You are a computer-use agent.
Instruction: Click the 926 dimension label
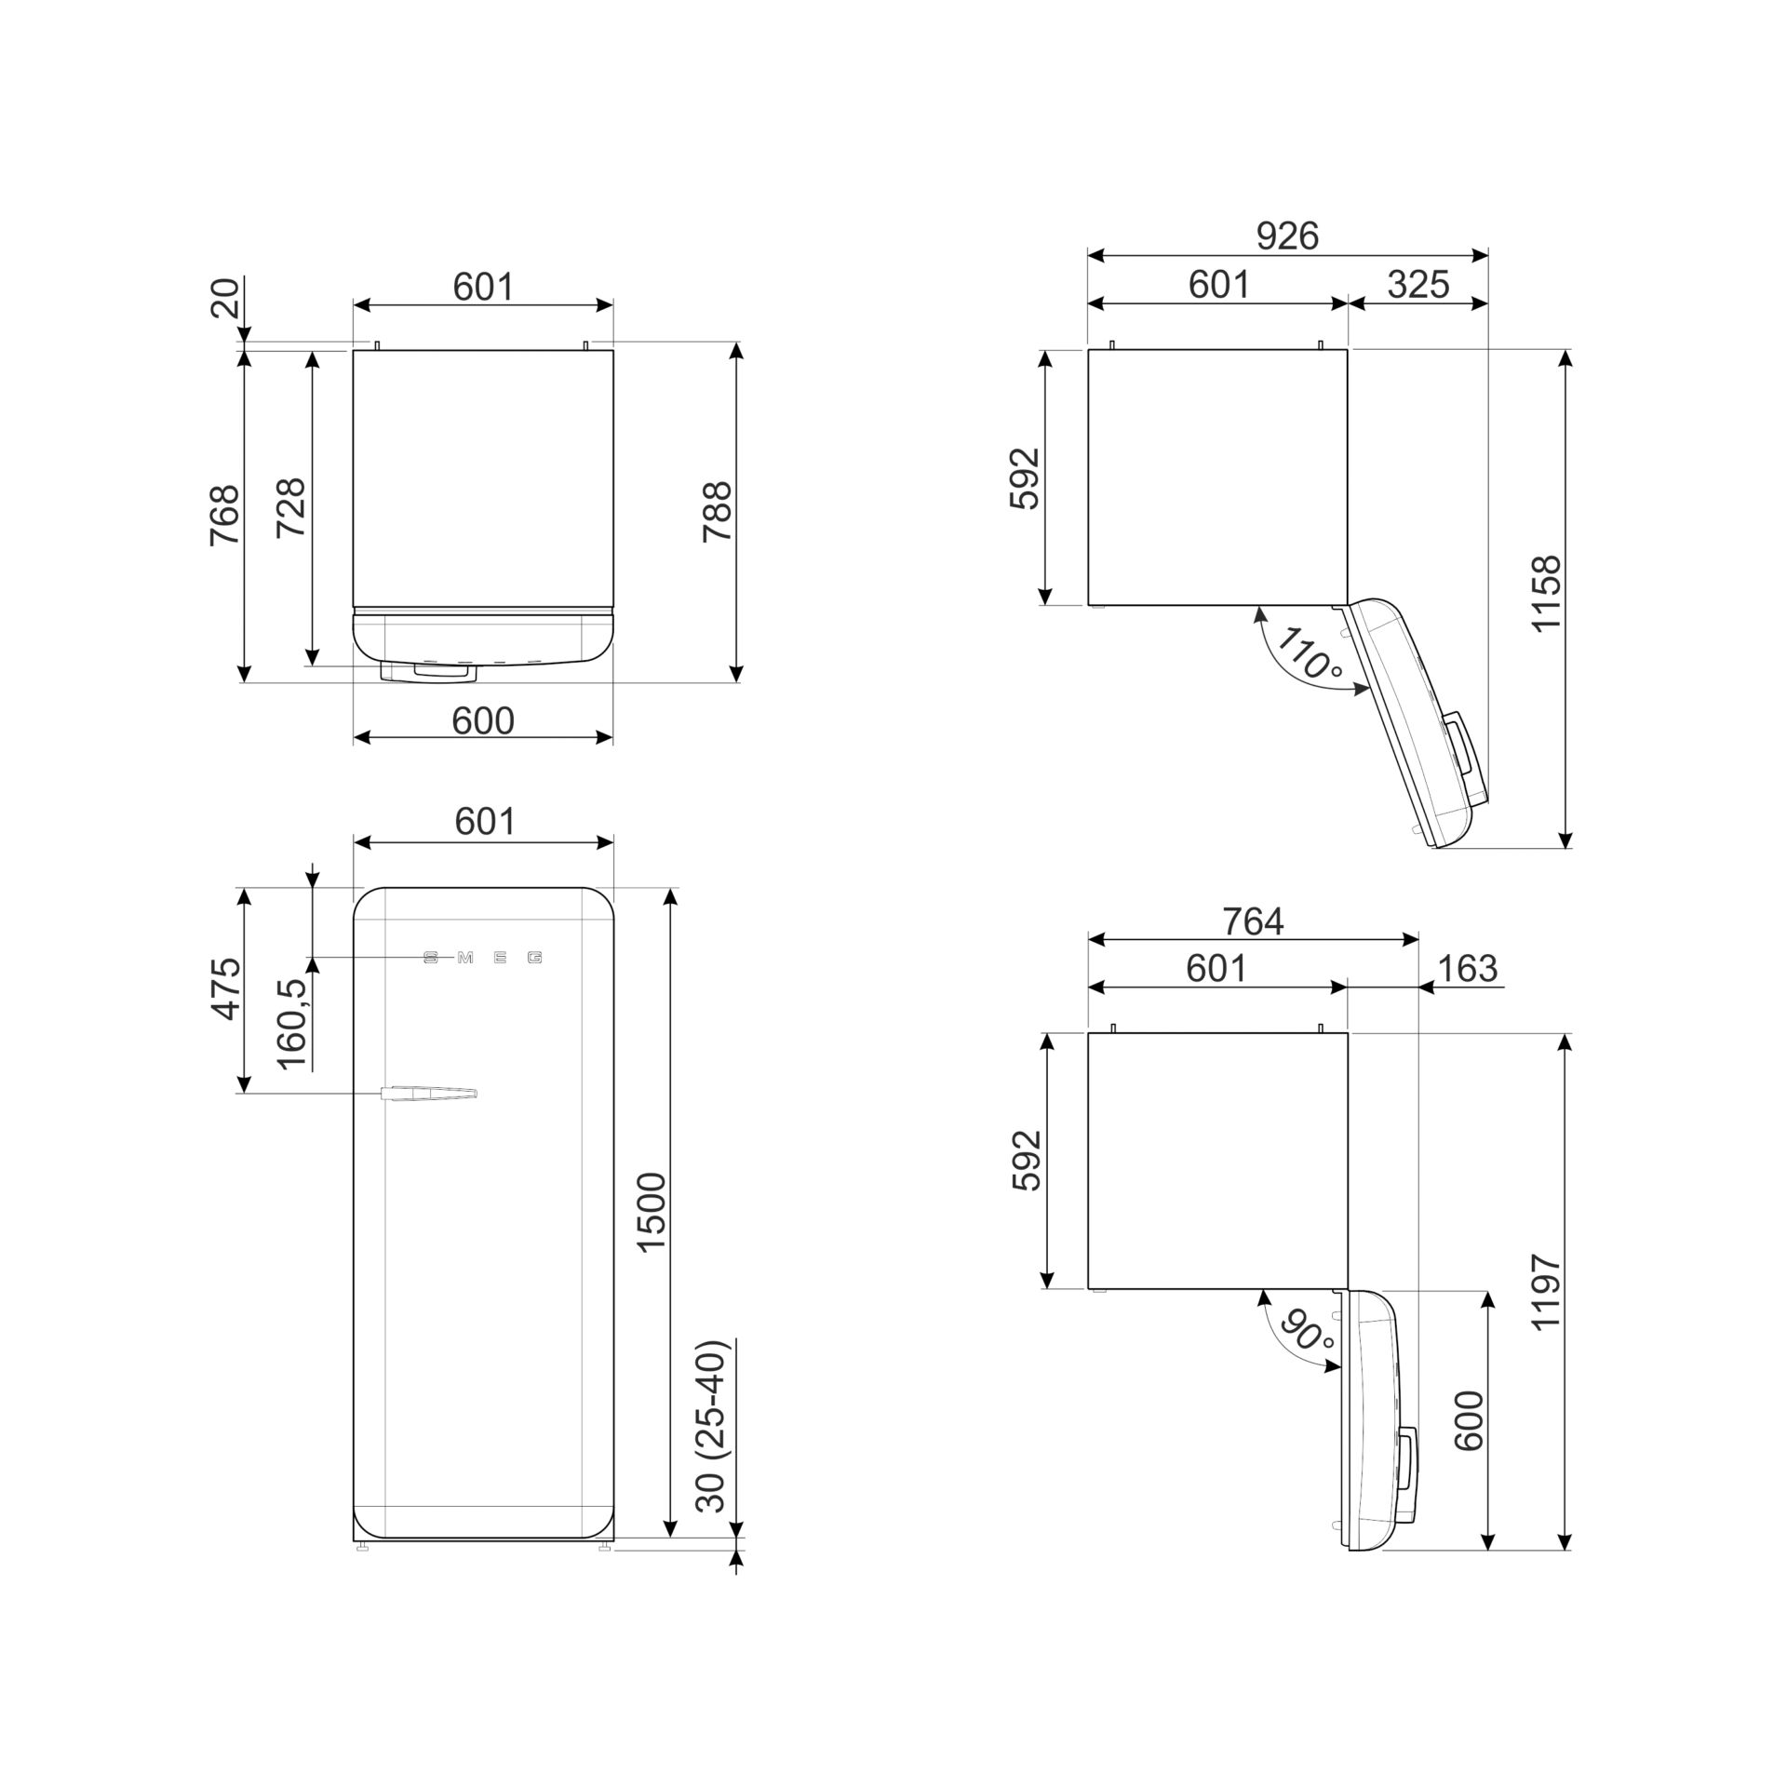tap(1287, 237)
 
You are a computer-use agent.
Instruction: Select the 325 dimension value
tap(1418, 285)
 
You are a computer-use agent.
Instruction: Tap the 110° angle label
tap(1310, 652)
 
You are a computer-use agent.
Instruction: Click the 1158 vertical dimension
tap(1546, 594)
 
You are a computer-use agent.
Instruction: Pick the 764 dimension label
tap(1254, 921)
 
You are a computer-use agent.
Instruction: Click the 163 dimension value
tap(1468, 969)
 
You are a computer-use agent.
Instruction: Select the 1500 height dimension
tap(652, 1213)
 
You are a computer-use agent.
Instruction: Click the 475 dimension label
tap(226, 989)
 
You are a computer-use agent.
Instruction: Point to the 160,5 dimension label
tap(291, 1024)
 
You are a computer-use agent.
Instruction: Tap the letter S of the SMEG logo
tap(430, 958)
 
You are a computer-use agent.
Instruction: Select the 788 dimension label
tap(718, 512)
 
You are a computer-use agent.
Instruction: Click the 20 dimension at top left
tap(226, 298)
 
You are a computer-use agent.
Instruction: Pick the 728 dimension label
tap(291, 507)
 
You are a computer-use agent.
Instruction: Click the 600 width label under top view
tap(483, 720)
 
